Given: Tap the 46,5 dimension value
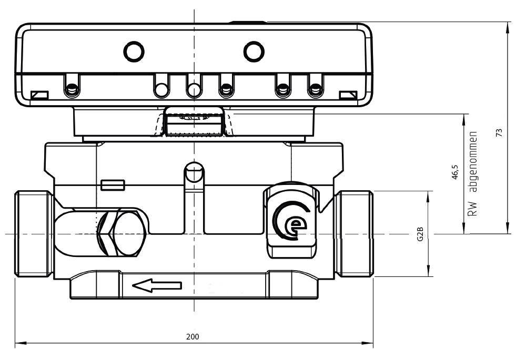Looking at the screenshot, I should (x=456, y=172).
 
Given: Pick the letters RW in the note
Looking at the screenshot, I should (x=473, y=210).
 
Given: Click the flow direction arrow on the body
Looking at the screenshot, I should (x=157, y=285).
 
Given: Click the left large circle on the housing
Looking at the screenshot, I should (x=133, y=50).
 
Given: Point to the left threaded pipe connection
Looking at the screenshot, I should (x=33, y=234).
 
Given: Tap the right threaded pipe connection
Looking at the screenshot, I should (x=355, y=234).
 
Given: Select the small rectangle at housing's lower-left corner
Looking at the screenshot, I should (x=39, y=95).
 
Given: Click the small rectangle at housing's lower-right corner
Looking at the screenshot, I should (x=348, y=95).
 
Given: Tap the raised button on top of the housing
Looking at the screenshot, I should (x=248, y=23).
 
